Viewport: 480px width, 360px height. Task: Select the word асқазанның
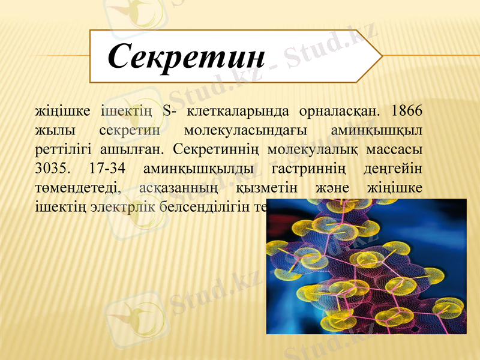(x=175, y=187)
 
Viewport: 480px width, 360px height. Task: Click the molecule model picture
(x=366, y=266)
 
